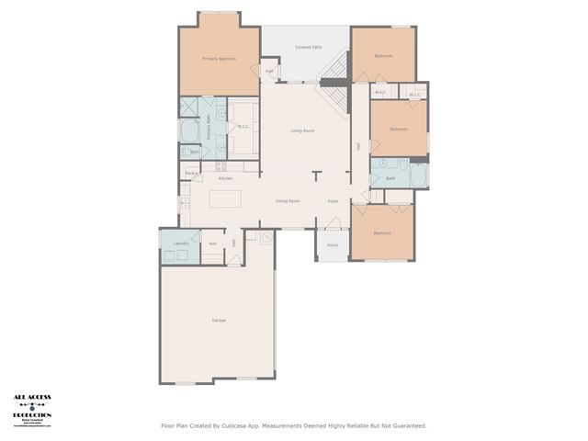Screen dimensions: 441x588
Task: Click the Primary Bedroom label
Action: pos(219,59)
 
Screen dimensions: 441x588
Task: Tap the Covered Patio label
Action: pos(308,47)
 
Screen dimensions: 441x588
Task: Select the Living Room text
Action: pos(303,131)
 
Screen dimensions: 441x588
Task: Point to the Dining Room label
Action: pos(288,200)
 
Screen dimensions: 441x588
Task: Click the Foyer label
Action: pos(333,200)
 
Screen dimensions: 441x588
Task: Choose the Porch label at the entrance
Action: pos(333,245)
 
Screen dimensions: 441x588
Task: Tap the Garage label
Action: pos(219,320)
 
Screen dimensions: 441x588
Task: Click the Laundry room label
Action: pos(181,243)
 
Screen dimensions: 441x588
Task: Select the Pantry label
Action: pos(191,173)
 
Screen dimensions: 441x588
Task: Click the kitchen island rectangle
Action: pos(225,199)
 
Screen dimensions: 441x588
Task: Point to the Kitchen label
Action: pos(225,178)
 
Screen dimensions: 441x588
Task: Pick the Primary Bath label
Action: pos(209,127)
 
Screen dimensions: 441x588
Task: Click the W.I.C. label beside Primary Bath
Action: pos(243,127)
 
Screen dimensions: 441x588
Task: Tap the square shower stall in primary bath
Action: pos(188,107)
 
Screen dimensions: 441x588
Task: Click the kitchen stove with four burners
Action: pos(220,166)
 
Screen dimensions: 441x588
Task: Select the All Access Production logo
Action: pos(32,410)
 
